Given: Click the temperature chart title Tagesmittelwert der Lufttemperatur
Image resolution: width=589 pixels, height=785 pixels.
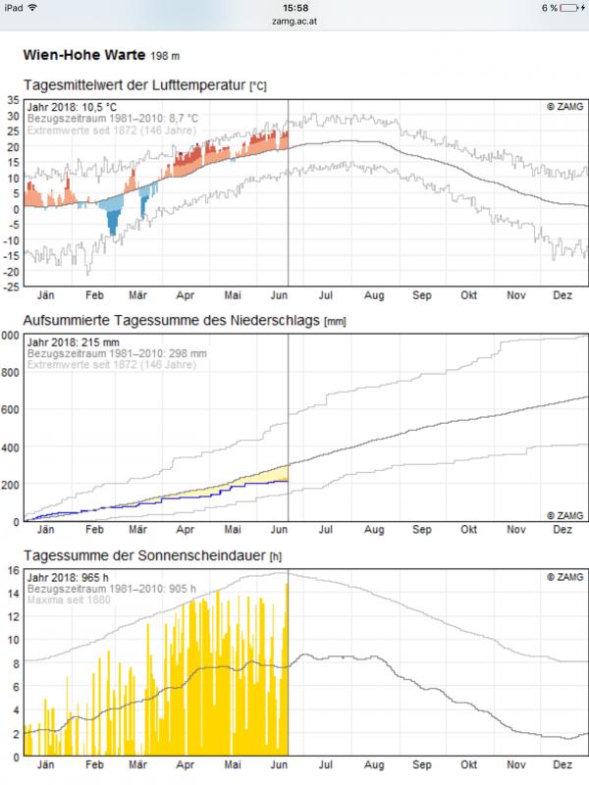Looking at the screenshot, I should [x=134, y=86].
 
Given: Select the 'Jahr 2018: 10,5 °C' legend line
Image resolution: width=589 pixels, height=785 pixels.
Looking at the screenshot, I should [x=78, y=107].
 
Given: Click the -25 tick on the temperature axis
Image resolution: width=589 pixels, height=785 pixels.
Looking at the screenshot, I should [x=11, y=287].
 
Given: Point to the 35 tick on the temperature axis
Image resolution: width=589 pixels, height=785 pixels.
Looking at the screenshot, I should [x=13, y=100].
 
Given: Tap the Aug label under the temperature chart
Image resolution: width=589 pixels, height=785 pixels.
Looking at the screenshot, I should [x=374, y=294].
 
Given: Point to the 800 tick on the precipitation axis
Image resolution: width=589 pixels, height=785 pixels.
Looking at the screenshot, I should [x=11, y=372].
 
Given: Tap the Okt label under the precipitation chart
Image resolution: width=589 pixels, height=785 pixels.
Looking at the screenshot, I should [x=468, y=529].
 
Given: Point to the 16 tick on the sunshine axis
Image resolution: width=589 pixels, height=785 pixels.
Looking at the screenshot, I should [x=13, y=570].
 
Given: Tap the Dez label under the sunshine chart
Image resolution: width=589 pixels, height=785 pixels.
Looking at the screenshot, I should [x=562, y=764].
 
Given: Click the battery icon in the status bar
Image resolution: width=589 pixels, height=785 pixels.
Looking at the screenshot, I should [x=572, y=8].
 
